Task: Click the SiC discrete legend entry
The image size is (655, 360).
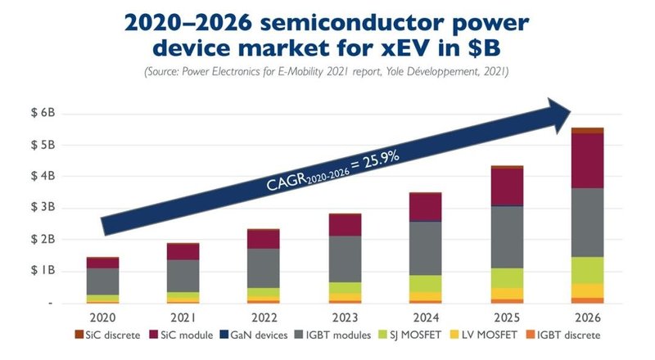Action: click(x=107, y=335)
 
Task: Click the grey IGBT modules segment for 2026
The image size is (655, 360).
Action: click(x=588, y=223)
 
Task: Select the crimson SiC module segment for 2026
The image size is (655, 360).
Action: click(x=588, y=160)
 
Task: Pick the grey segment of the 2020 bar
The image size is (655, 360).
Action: click(x=103, y=281)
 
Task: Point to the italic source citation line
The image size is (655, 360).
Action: click(x=327, y=73)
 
